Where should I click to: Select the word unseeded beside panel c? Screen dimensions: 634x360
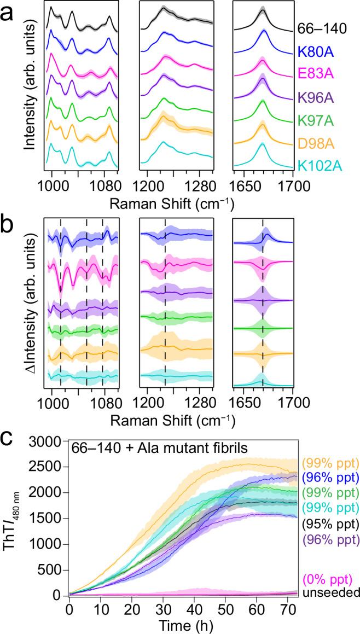328,592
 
